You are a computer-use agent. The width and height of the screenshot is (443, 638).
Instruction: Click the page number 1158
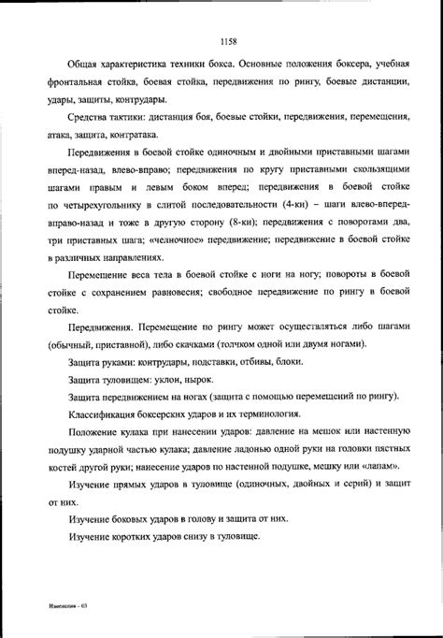(229, 41)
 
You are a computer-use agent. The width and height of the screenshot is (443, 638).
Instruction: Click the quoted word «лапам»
(384, 468)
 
